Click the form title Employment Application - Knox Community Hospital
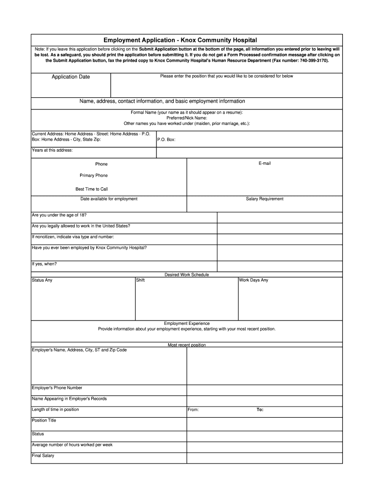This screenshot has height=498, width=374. coord(187,40)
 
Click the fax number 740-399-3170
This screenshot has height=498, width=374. coord(313,61)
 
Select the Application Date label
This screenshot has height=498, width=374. coord(71,77)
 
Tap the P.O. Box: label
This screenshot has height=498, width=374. coord(166,140)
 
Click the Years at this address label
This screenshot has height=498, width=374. coord(52,150)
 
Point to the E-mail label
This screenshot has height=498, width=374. coord(264,163)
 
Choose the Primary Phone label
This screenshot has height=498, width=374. coord(94,176)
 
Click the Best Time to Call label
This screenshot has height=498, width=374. coord(92,189)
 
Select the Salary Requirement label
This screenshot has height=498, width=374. coord(264,199)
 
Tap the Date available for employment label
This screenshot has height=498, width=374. coord(109,199)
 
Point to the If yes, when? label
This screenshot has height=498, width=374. coord(44,264)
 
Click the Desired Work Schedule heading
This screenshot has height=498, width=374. coord(187,275)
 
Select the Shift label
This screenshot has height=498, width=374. coord(140,280)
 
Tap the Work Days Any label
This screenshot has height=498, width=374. coord(253,280)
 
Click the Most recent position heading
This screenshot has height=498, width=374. coord(187,345)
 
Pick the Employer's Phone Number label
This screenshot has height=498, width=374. coord(57,388)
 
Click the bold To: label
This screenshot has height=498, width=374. coord(260,409)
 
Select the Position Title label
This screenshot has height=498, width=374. coord(44,420)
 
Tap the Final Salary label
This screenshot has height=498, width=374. coord(43,456)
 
